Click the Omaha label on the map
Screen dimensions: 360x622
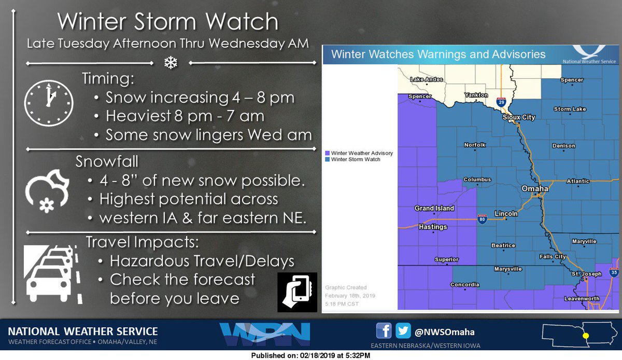[534, 189]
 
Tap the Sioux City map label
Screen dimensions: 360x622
[519, 118]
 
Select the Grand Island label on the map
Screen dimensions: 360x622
[434, 209]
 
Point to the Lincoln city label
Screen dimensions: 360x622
[506, 213]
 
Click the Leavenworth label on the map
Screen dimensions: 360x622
[582, 299]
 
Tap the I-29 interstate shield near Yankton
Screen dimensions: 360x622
[501, 102]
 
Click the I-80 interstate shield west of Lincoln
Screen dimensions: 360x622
[482, 219]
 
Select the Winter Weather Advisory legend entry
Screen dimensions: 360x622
[359, 153]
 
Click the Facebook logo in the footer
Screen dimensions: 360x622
[384, 330]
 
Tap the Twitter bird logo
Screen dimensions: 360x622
[403, 330]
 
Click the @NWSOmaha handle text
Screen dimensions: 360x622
[444, 331]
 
